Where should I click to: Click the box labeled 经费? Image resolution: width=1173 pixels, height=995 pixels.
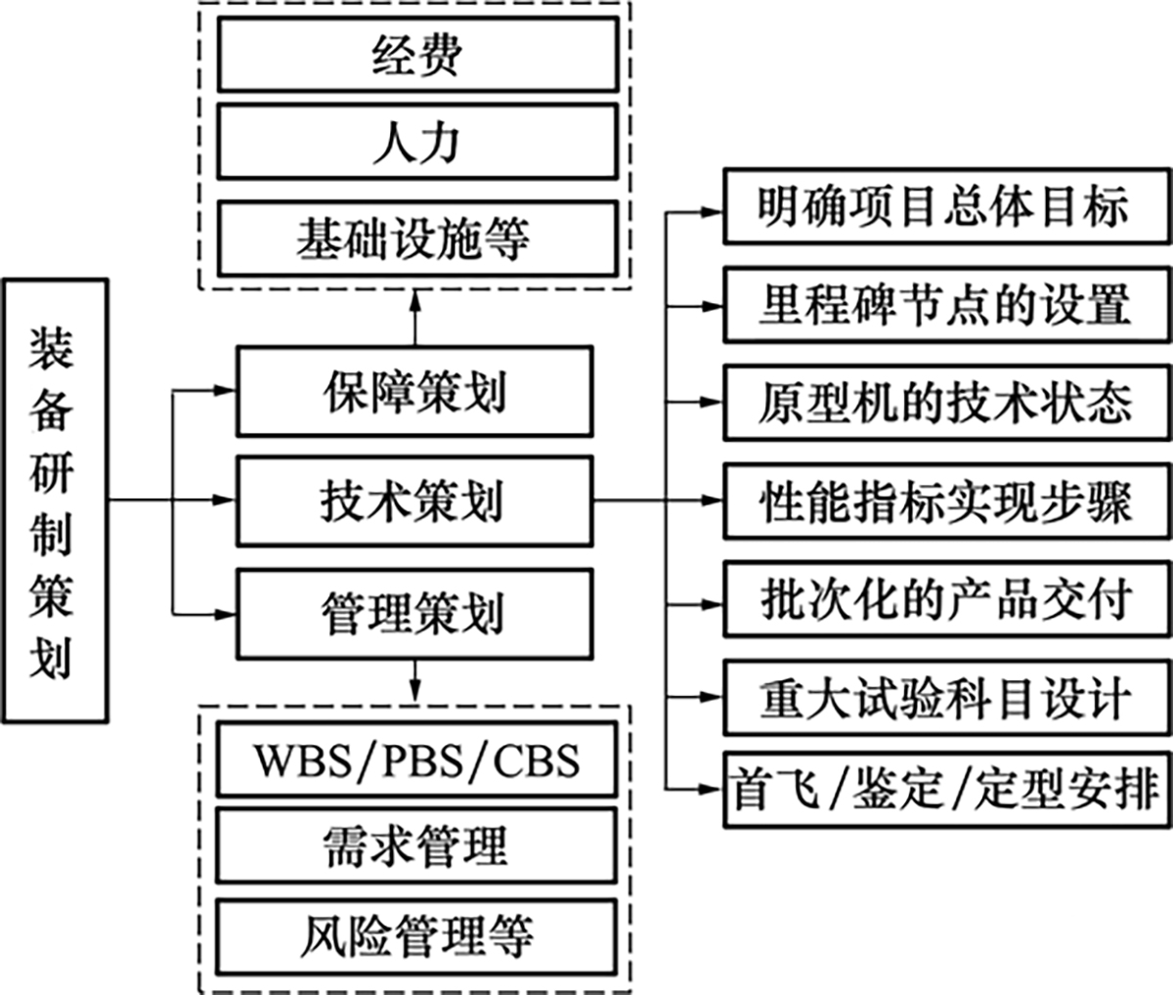click(x=416, y=56)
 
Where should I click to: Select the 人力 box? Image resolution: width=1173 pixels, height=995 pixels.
click(x=416, y=144)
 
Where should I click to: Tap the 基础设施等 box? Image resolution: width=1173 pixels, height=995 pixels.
click(x=416, y=238)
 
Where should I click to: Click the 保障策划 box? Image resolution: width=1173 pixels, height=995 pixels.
click(x=414, y=392)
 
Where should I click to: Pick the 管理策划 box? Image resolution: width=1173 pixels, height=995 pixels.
click(x=414, y=613)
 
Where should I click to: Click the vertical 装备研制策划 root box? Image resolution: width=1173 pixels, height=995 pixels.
click(x=55, y=501)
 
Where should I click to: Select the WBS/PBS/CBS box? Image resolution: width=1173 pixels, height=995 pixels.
click(x=416, y=759)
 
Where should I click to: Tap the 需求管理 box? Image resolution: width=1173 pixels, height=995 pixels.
click(x=416, y=845)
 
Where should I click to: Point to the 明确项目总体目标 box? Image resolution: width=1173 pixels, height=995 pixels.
click(x=945, y=207)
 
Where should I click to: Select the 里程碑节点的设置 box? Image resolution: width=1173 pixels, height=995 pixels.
click(x=945, y=305)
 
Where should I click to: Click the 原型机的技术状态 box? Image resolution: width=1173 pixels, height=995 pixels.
click(x=945, y=402)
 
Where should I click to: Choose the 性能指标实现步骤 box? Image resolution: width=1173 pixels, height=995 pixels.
click(x=945, y=500)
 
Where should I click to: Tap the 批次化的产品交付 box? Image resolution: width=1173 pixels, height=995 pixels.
click(x=945, y=598)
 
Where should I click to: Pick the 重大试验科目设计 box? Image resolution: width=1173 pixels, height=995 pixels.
click(x=945, y=697)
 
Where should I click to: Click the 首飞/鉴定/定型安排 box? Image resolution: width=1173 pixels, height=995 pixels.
click(x=945, y=789)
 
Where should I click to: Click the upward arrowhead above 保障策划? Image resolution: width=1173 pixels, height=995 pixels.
click(x=415, y=300)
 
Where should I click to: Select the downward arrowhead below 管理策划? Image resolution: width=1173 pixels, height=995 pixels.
click(x=415, y=690)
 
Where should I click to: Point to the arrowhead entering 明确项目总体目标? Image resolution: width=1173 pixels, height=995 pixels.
click(x=713, y=208)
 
